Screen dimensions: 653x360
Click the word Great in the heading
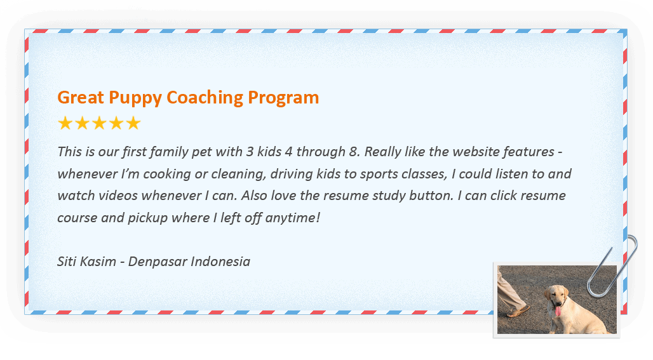pyautogui.click(x=81, y=97)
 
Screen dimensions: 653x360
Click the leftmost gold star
pyautogui.click(x=65, y=123)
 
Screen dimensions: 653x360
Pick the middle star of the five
pyautogui.click(x=99, y=123)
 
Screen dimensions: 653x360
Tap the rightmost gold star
pyautogui.click(x=133, y=123)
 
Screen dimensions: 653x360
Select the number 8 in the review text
pyautogui.click(x=353, y=152)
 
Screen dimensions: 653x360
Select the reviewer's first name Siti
pyautogui.click(x=66, y=262)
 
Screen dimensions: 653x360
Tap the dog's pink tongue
pyautogui.click(x=558, y=311)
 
